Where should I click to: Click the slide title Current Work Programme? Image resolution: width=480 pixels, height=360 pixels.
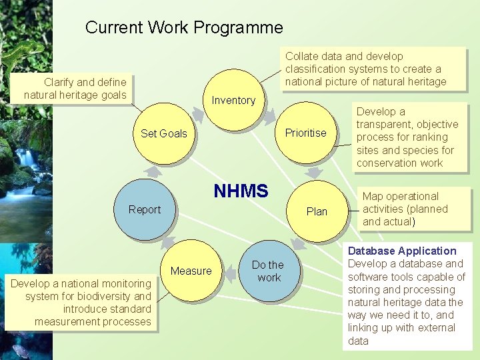coord(184,27)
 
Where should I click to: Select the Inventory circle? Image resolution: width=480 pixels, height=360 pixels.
coord(233,100)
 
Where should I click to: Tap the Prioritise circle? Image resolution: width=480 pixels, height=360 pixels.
coord(305,133)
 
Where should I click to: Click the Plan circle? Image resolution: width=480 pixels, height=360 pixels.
coord(317,211)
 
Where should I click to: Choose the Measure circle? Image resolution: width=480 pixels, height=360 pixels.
coord(191,271)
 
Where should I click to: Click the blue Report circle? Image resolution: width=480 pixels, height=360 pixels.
coord(145,209)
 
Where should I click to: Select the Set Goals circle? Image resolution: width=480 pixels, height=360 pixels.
coord(164,133)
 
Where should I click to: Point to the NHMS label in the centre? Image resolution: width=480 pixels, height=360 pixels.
coord(241,191)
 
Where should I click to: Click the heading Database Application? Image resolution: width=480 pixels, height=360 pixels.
coord(402,251)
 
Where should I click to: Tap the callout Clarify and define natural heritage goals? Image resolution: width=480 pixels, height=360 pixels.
coord(75,89)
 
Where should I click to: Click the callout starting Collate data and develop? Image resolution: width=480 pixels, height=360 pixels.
coord(365,69)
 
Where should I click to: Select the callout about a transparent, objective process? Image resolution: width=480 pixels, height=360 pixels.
coord(407,137)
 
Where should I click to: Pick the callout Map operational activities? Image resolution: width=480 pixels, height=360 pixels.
coord(405,209)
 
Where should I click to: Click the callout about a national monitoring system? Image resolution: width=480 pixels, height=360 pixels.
coord(81,303)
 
